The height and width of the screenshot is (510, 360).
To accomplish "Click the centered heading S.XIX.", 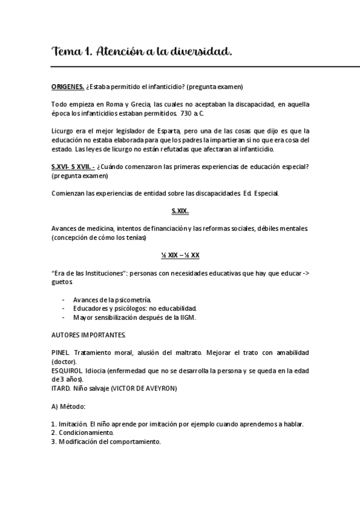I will point(180,210).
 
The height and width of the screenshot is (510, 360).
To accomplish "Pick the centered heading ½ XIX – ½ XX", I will point(180,255).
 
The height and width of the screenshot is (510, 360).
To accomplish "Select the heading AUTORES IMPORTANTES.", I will point(88,334).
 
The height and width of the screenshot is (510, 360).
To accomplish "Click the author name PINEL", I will point(61,352).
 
